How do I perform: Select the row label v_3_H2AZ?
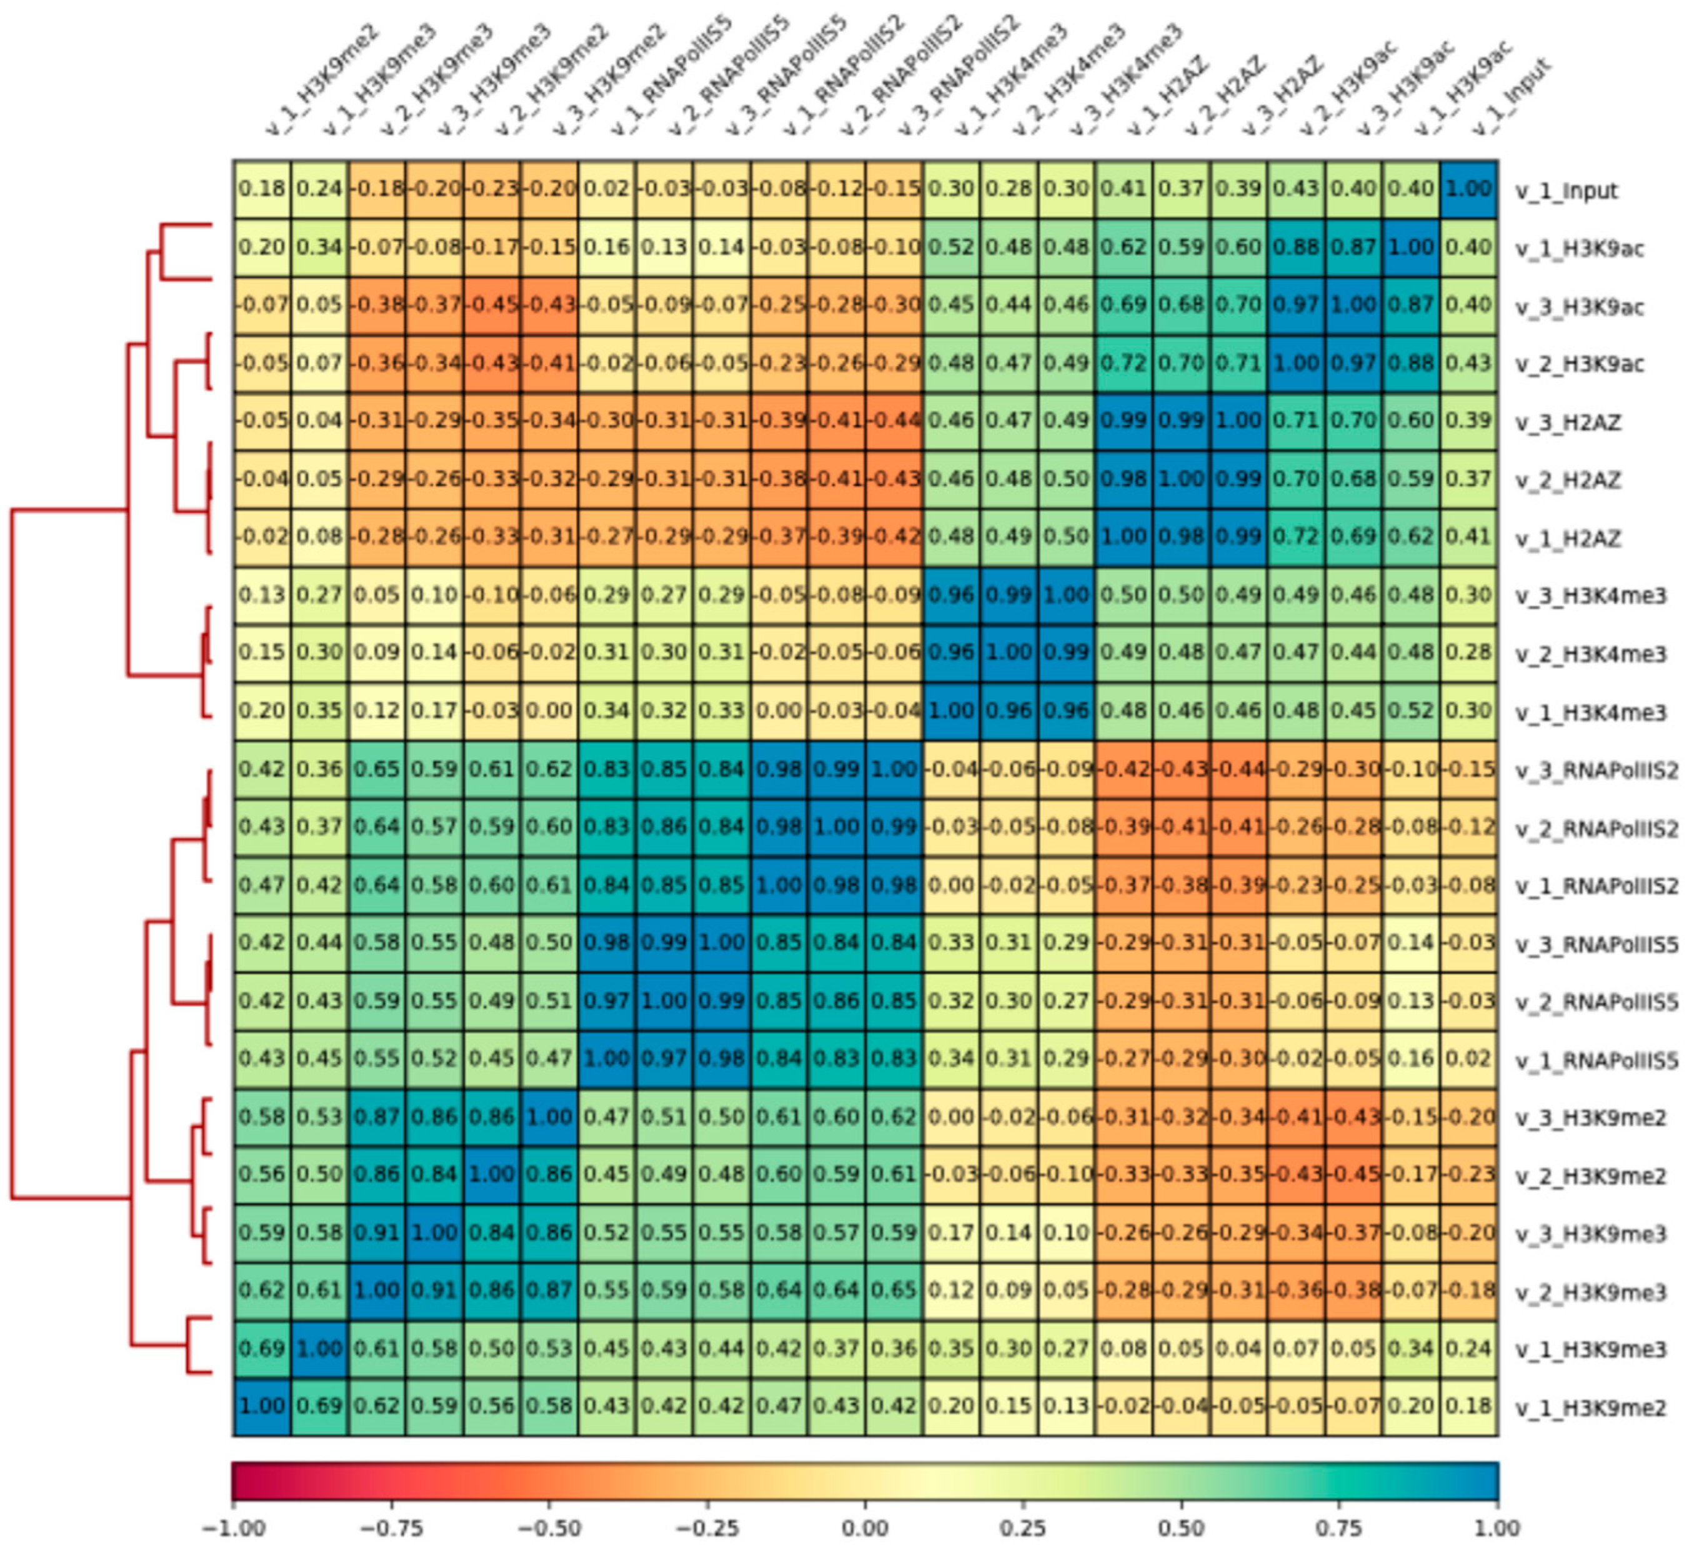point(1568,422)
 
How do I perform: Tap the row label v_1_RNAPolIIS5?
point(1597,1061)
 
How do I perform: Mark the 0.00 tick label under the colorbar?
point(865,1527)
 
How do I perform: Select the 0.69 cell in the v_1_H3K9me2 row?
point(319,1407)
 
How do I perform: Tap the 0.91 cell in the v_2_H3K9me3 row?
point(434,1291)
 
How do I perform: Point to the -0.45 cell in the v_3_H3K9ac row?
point(492,305)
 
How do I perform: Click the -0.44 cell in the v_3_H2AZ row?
point(894,420)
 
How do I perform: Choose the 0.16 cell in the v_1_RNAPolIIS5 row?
point(1412,1059)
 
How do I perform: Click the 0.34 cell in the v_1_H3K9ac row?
point(319,247)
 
